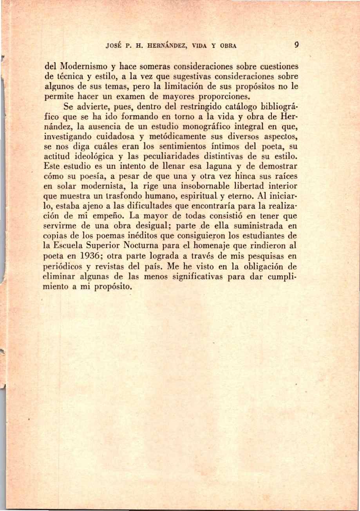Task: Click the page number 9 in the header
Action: (x=297, y=45)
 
